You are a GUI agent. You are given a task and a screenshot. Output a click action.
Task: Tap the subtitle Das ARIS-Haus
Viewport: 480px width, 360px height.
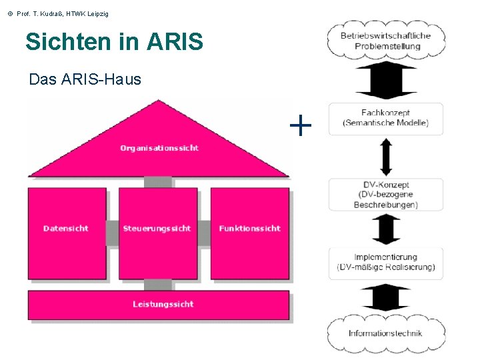pyautogui.click(x=85, y=79)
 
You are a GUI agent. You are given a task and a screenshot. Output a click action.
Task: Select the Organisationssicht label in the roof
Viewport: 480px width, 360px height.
pyautogui.click(x=159, y=148)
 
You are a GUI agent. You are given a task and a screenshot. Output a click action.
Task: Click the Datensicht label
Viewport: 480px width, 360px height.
pyautogui.click(x=65, y=229)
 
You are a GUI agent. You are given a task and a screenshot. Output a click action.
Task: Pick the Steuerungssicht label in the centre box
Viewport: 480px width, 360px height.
pyautogui.click(x=157, y=229)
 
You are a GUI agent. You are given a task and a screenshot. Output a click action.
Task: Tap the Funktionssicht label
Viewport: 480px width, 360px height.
pyautogui.click(x=250, y=229)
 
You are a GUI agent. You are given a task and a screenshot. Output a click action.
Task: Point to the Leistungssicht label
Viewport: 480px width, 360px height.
pyautogui.click(x=163, y=304)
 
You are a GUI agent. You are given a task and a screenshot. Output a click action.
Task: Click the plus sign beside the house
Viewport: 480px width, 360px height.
pyautogui.click(x=301, y=124)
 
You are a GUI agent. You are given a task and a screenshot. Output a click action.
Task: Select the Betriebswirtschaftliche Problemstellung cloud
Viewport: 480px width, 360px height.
pyautogui.click(x=387, y=41)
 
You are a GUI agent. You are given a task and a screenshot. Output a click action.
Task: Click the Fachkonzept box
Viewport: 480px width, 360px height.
pyautogui.click(x=385, y=118)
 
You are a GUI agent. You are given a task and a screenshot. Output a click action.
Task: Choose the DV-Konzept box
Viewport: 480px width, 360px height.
pyautogui.click(x=385, y=195)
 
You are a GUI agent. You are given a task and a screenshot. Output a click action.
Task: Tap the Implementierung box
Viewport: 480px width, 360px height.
pyautogui.click(x=385, y=262)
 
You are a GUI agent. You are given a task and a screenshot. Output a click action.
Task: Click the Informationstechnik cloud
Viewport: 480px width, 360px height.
pyautogui.click(x=385, y=333)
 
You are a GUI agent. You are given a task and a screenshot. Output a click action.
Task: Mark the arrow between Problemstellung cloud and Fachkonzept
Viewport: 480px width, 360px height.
pyautogui.click(x=386, y=81)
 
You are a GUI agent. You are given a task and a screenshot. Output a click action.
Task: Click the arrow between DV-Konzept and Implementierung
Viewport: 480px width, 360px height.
pyautogui.click(x=386, y=229)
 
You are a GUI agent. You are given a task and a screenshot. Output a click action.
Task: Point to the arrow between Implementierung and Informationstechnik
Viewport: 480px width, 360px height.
pyautogui.click(x=386, y=297)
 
